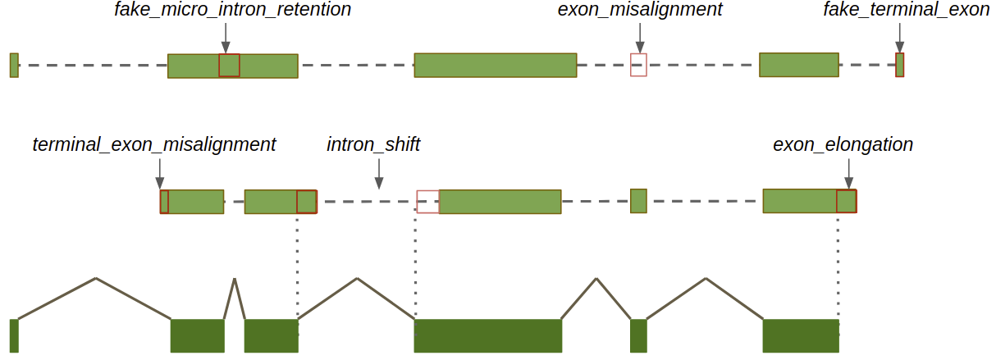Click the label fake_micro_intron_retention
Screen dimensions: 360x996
[232, 11]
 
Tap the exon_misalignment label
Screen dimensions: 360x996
[640, 11]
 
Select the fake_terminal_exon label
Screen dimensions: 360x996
[906, 11]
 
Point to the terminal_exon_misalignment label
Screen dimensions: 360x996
[154, 145]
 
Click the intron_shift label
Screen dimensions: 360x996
[373, 145]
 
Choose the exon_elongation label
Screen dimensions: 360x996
[843, 145]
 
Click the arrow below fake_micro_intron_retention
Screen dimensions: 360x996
[226, 38]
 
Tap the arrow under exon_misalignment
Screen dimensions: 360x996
[639, 38]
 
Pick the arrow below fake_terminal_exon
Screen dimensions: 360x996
[900, 38]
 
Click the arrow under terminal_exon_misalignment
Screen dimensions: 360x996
[159, 173]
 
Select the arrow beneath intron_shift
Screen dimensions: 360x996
[378, 173]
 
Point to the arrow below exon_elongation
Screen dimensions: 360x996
[848, 173]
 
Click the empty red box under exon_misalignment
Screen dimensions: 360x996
[638, 65]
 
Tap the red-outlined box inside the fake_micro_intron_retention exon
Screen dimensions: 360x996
[229, 66]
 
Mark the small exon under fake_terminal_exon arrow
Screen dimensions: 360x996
[900, 65]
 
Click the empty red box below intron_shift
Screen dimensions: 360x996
[427, 201]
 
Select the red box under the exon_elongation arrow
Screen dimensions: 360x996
[847, 201]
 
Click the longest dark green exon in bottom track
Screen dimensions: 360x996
[487, 335]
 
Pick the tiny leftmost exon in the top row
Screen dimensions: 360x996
[14, 65]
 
